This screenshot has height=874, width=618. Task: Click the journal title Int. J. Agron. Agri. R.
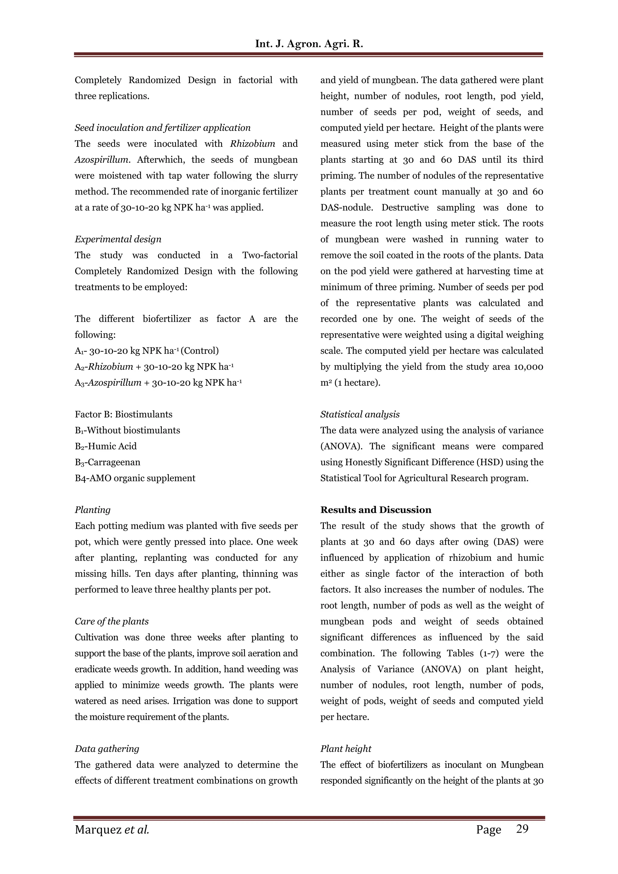(309, 44)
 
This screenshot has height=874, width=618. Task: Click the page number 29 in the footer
(522, 829)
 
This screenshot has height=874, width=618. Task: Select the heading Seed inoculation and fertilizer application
(163, 128)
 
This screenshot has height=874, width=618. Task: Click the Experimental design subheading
(118, 239)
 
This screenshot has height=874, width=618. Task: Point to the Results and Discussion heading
(375, 510)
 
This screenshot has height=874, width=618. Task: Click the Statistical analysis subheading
(360, 415)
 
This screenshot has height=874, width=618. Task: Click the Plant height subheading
(346, 749)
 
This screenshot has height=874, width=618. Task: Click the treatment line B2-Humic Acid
(106, 447)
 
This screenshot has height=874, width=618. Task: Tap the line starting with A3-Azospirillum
(158, 383)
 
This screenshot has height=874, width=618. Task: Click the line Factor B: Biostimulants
(123, 415)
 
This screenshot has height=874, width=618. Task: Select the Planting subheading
(93, 510)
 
